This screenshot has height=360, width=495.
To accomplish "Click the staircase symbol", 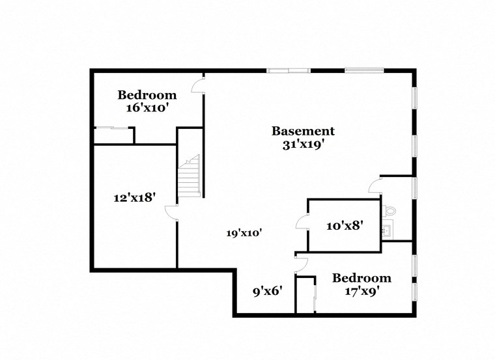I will pos(190,176).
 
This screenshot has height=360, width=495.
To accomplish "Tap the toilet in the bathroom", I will pos(388,210).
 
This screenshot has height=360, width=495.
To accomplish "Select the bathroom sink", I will pos(387,230).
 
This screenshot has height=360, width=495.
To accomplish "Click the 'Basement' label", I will pos(303,131).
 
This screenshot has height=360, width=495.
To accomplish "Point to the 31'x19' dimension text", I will pos(303,145).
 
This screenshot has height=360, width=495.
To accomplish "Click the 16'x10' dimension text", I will pos(147,109).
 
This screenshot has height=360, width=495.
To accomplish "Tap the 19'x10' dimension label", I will pos(244,232).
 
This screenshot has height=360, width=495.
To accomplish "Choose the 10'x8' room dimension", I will pos(345,226).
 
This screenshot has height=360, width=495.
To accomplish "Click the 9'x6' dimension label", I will pos(266,291).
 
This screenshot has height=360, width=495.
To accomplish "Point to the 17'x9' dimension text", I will pos(361,291).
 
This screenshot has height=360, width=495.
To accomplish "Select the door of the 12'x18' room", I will pos(171,213).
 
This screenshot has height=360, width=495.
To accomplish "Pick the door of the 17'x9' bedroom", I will pos(300,263).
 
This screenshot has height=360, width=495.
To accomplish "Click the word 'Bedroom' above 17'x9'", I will pos(361,278).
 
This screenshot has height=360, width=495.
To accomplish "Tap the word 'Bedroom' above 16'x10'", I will pos(147,95).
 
